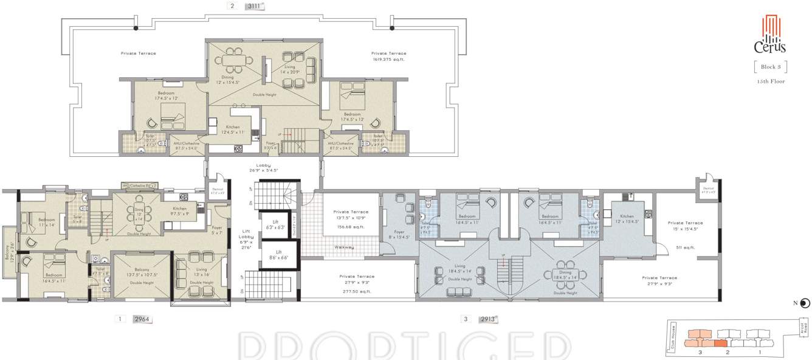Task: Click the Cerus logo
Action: click(770, 36)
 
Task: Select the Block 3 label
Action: click(770, 66)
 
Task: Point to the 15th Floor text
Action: click(770, 81)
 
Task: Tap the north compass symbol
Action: click(805, 303)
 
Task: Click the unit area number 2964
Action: click(142, 319)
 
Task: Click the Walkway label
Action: click(345, 247)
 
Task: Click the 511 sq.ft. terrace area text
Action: click(685, 247)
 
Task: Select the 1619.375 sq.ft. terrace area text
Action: click(388, 60)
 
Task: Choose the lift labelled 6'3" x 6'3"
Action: click(268, 225)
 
